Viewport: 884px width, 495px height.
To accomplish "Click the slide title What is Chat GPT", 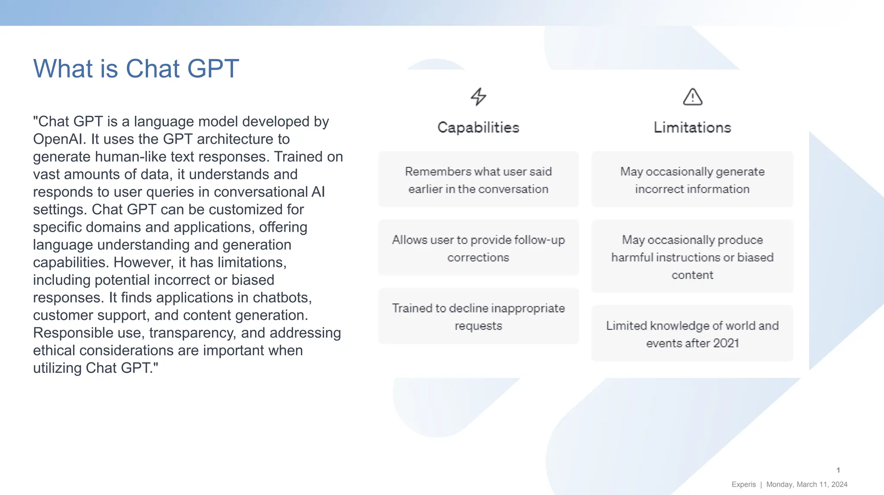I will click(x=136, y=69).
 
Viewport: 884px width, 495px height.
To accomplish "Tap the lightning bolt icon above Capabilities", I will click(x=478, y=97).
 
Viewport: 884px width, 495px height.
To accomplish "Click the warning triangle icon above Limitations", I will click(x=692, y=97).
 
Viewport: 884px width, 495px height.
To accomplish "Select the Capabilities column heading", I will click(x=478, y=127).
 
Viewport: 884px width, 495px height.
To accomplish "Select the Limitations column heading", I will click(x=692, y=127).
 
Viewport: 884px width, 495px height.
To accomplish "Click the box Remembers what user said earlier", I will click(x=478, y=180).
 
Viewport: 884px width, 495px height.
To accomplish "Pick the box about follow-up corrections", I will click(x=478, y=248).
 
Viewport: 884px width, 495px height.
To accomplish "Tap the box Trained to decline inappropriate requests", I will click(x=478, y=316).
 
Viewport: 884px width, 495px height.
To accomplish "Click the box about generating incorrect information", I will click(x=692, y=180).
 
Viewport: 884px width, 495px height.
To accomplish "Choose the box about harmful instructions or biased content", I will click(x=692, y=257).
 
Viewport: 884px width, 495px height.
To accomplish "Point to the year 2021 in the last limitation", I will click(x=726, y=343).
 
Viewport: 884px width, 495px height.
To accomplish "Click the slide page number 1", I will click(x=838, y=470).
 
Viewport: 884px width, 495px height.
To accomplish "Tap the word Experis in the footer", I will click(x=743, y=485).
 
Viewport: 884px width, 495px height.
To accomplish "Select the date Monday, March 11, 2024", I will click(x=806, y=485).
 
